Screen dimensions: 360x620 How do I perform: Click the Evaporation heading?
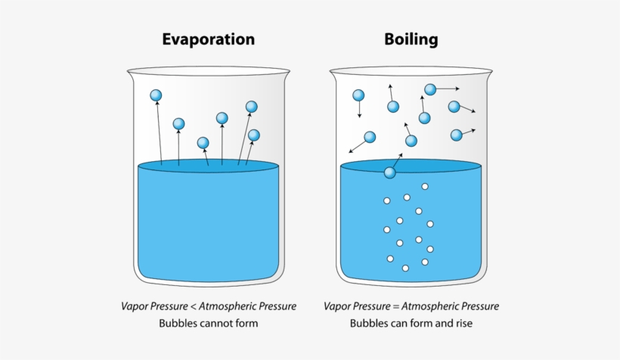coord(209,39)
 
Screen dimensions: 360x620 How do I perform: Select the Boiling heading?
coord(411,39)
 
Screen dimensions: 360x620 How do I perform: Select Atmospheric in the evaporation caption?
coord(224,306)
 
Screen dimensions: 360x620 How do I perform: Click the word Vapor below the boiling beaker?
coord(337,306)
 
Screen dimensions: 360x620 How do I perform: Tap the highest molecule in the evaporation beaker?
coord(156,95)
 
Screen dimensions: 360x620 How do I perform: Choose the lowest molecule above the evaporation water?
coord(203,142)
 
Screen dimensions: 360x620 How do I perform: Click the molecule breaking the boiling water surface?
coord(390,172)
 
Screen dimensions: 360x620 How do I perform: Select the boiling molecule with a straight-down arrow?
coord(358,95)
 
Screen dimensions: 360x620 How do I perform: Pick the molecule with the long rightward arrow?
coord(430,89)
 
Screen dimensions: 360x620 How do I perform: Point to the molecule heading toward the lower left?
coord(370,137)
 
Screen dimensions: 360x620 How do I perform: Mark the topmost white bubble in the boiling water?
coord(425,186)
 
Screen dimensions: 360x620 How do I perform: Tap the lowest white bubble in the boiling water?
coord(405,268)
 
